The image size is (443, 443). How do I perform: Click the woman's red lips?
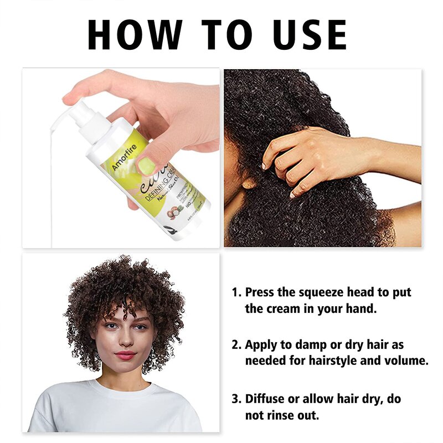click(x=125, y=354)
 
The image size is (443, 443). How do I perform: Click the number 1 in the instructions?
click(x=235, y=292)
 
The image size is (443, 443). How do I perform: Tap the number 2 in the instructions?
click(x=235, y=345)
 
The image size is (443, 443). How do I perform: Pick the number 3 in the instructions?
click(x=235, y=399)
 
